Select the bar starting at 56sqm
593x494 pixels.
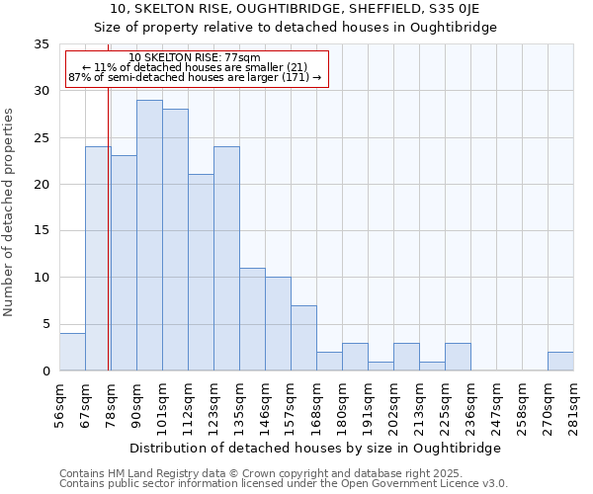72,352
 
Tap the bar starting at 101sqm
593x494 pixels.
175,240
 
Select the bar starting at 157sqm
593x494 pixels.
303,338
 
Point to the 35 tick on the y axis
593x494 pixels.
42,44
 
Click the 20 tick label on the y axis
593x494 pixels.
42,185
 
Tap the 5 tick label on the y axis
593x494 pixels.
45,324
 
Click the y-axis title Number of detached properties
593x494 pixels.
10,212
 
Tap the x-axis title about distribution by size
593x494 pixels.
316,448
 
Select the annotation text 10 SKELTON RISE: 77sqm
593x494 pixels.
195,58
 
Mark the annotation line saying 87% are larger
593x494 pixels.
195,77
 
